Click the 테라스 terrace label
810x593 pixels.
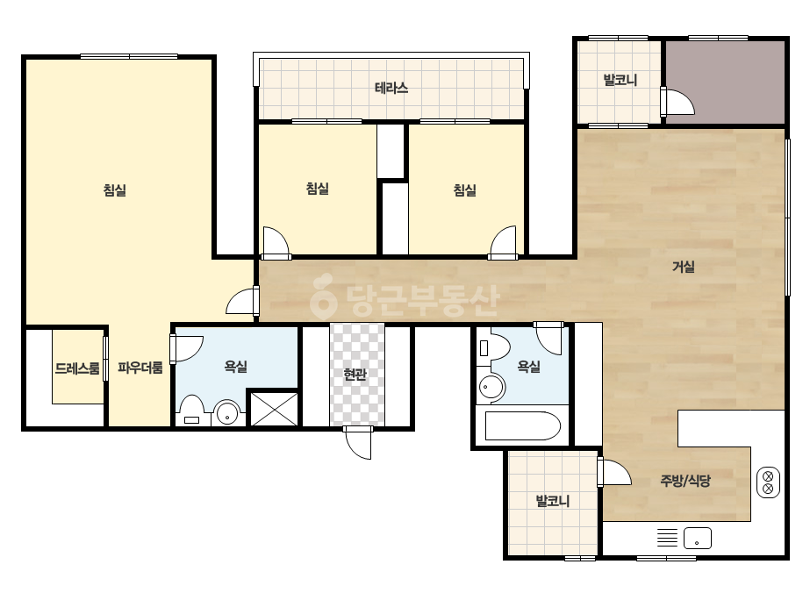391,88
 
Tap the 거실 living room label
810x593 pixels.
683,267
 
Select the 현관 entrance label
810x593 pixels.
355,374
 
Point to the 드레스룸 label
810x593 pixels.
77,368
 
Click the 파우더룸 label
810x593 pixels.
140,368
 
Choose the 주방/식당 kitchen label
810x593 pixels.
685,481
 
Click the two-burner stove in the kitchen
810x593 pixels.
768,482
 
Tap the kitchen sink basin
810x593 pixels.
698,539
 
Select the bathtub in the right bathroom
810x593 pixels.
523,425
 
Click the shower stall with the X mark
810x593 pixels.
275,409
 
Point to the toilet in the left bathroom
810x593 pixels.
191,411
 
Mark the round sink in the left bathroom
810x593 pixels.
227,412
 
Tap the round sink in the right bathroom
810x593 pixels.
491,386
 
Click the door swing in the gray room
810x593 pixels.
678,102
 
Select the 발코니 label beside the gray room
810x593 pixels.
620,80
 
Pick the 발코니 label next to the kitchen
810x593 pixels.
552,501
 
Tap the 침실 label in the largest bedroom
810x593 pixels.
115,190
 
